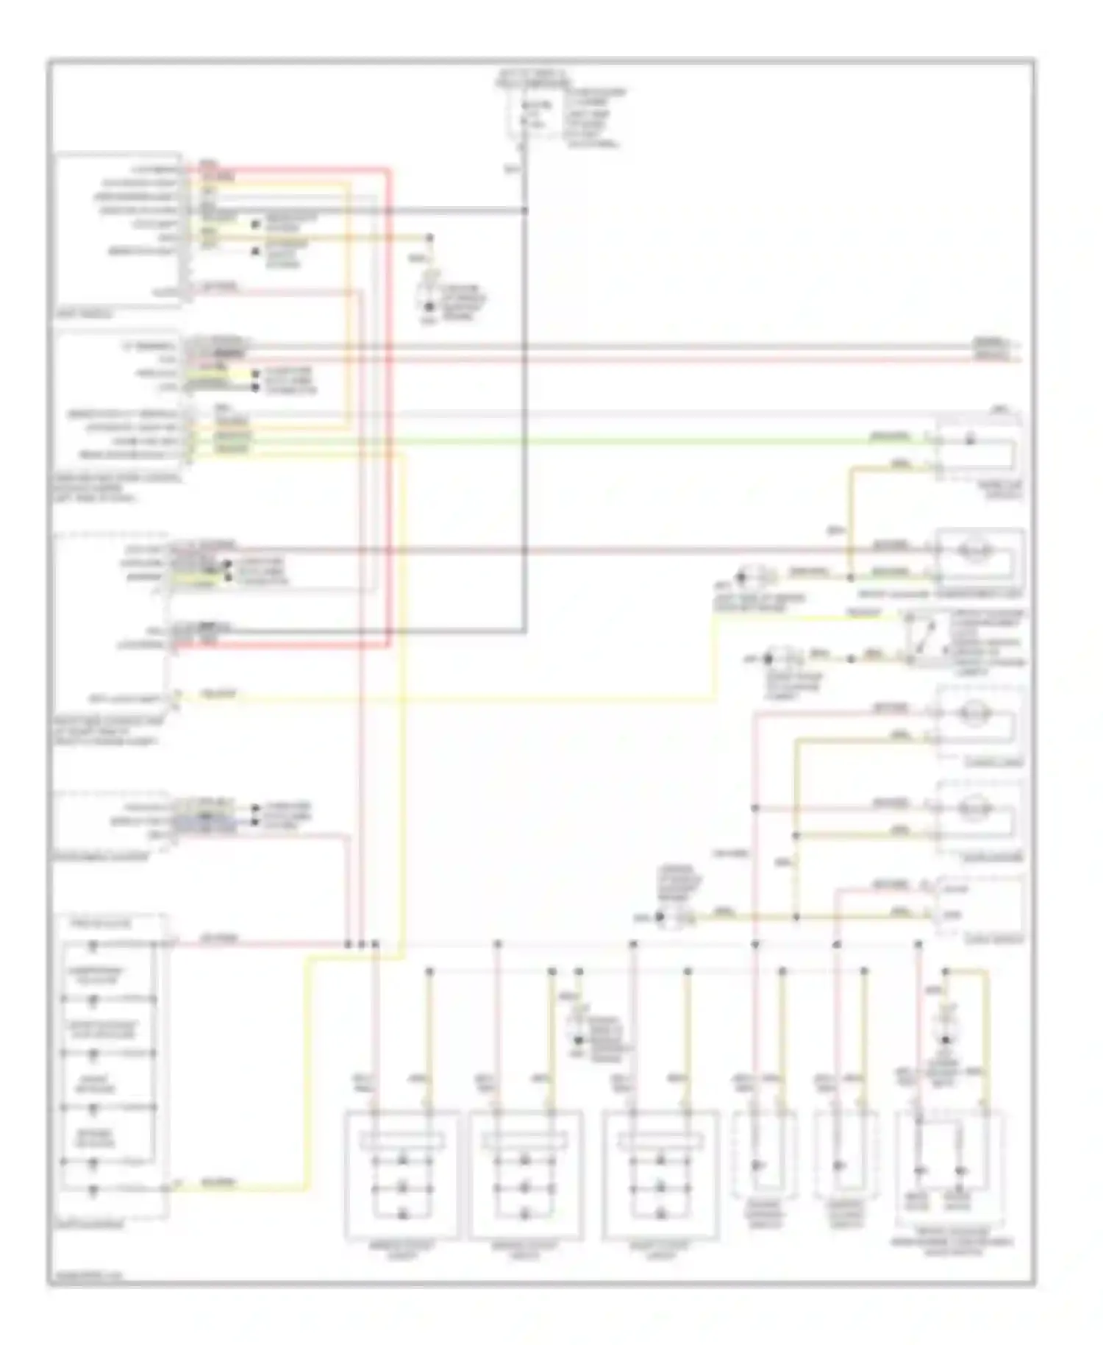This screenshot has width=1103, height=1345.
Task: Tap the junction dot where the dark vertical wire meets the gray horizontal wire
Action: pos(525,210)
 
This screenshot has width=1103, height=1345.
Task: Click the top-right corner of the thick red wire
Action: pos(388,170)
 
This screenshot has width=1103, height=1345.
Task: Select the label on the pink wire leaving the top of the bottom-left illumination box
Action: pos(218,939)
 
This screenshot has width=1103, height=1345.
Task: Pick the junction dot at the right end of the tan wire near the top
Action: pos(430,238)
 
